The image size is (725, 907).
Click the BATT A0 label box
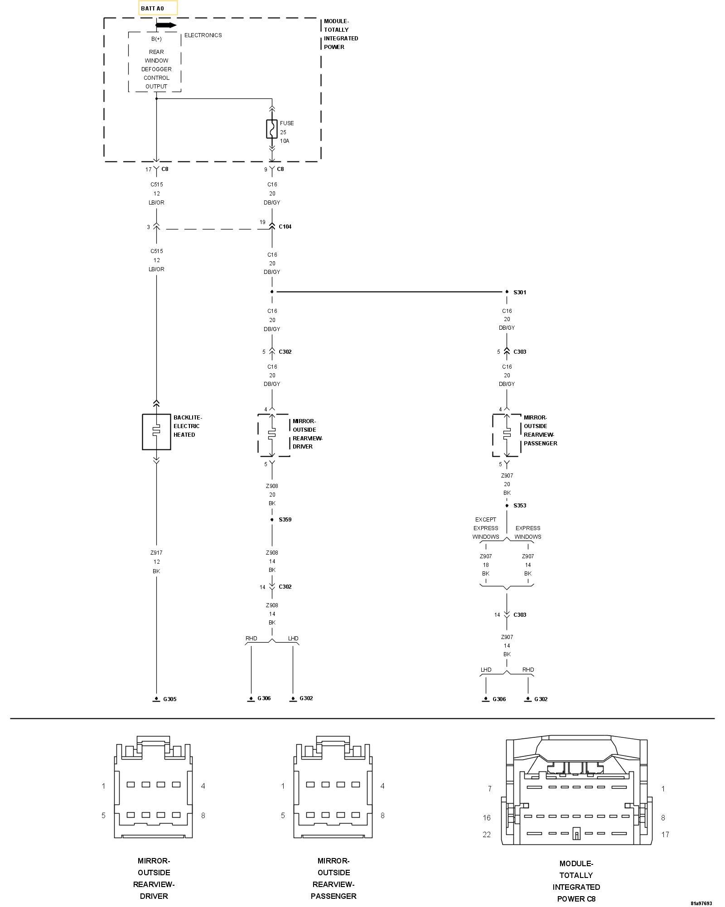[x=158, y=8]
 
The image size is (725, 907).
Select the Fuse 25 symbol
[x=271, y=129]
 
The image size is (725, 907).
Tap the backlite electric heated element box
[x=156, y=432]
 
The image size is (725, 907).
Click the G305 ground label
[x=169, y=699]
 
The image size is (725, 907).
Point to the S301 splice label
[x=520, y=293]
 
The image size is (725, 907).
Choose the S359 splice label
[x=285, y=520]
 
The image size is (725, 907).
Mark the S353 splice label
[x=520, y=506]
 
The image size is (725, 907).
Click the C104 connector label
[x=285, y=227]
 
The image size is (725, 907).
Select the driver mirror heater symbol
[x=272, y=434]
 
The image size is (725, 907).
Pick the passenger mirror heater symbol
[x=507, y=434]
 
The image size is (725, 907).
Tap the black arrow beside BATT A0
[x=166, y=25]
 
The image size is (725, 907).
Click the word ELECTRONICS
[x=203, y=35]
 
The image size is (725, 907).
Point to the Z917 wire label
[x=156, y=553]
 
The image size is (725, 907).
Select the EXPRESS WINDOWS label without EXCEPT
[x=528, y=532]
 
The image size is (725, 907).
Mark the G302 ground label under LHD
[x=306, y=698]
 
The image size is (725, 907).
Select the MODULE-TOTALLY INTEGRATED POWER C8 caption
[x=576, y=881]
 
